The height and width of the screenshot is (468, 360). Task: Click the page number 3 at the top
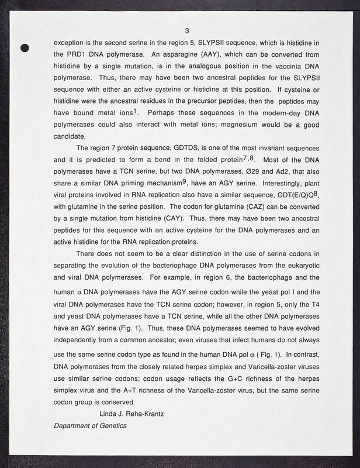click(x=186, y=30)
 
